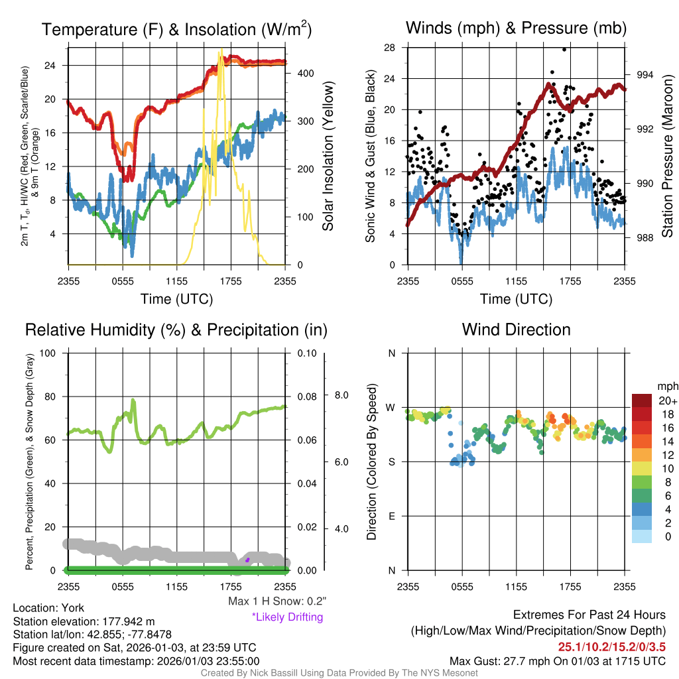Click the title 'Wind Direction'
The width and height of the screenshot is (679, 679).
(516, 330)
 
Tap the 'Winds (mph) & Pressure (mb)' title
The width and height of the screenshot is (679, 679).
(516, 29)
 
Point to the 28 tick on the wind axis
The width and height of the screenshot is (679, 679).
(390, 47)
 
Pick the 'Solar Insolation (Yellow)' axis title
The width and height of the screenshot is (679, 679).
(328, 156)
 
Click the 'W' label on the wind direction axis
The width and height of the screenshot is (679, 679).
(391, 408)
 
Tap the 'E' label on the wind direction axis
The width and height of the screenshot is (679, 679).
(391, 516)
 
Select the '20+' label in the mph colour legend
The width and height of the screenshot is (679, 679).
(667, 401)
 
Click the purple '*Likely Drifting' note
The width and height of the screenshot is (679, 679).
(287, 617)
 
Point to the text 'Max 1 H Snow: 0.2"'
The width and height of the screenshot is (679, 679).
(277, 601)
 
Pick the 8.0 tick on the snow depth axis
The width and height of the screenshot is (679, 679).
(340, 395)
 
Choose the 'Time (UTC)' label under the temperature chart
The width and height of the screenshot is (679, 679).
(176, 299)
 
